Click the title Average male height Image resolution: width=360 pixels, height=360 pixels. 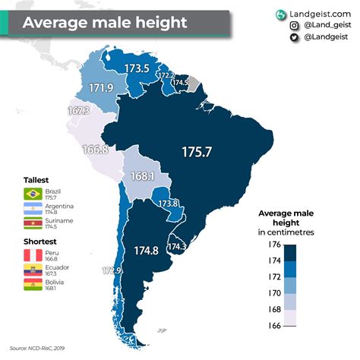tap(104, 21)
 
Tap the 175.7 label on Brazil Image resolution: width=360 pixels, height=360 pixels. tap(201, 152)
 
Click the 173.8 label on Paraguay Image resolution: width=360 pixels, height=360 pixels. tap(167, 204)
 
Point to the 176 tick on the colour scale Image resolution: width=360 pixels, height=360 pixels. tap(274, 244)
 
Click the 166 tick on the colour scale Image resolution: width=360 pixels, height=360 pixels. tap(274, 326)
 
